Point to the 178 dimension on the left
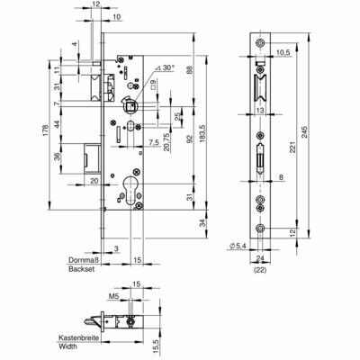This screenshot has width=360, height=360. [x=45, y=130]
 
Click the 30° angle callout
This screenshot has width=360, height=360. [x=165, y=68]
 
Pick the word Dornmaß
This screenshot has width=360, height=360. [x=84, y=260]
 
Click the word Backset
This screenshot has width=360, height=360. [x=82, y=269]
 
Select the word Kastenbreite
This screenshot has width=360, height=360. [x=79, y=337]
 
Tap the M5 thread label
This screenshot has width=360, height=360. [x=114, y=296]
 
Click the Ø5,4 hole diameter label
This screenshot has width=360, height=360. [x=238, y=246]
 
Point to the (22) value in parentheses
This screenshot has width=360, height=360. [x=260, y=270]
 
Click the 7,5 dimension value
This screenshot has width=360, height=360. [x=153, y=142]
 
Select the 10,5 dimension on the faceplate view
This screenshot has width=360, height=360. [x=283, y=53]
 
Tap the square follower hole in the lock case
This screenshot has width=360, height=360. [x=130, y=106]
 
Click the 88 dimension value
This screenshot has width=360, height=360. [x=190, y=70]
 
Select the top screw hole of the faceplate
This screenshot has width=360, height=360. [x=260, y=43]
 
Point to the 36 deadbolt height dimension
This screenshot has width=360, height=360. [x=57, y=157]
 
